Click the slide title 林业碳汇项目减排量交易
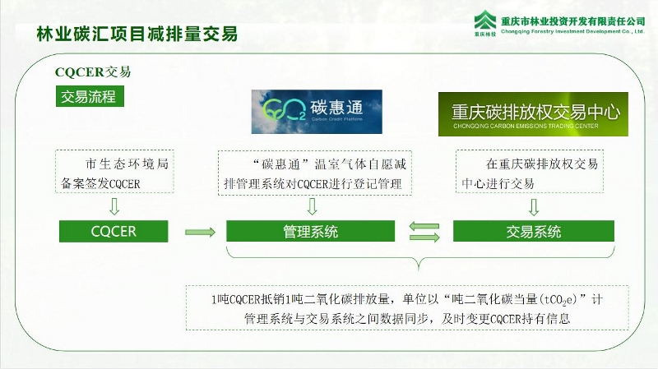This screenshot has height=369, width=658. click(137, 35)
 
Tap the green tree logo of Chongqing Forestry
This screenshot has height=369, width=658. click(485, 21)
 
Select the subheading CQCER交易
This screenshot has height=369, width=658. click(93, 72)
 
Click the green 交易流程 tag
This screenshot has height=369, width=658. click(90, 96)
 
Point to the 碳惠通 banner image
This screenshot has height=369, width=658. click(317, 112)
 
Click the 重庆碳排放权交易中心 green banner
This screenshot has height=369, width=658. click(533, 114)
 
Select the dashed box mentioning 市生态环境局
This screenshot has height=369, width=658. click(114, 172)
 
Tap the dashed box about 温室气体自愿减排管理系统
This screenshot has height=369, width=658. click(315, 173)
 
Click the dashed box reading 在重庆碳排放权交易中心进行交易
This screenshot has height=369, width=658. click(530, 171)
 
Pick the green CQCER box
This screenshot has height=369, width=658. click(114, 231)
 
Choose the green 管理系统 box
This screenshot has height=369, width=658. click(311, 231)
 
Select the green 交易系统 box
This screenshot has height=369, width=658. click(533, 231)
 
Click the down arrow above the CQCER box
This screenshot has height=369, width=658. click(114, 206)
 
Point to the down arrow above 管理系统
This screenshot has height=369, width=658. click(312, 206)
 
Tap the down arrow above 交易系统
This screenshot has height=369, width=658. click(533, 207)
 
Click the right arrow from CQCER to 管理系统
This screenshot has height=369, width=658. click(200, 232)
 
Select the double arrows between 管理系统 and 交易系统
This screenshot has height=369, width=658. click(424, 232)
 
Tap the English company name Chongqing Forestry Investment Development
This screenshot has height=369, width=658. click(572, 31)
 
